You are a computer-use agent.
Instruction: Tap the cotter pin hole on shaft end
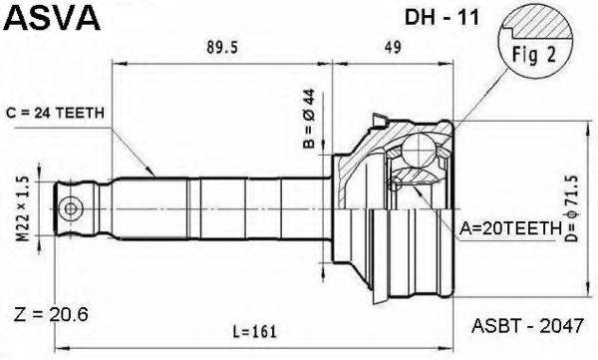click(x=71, y=208)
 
